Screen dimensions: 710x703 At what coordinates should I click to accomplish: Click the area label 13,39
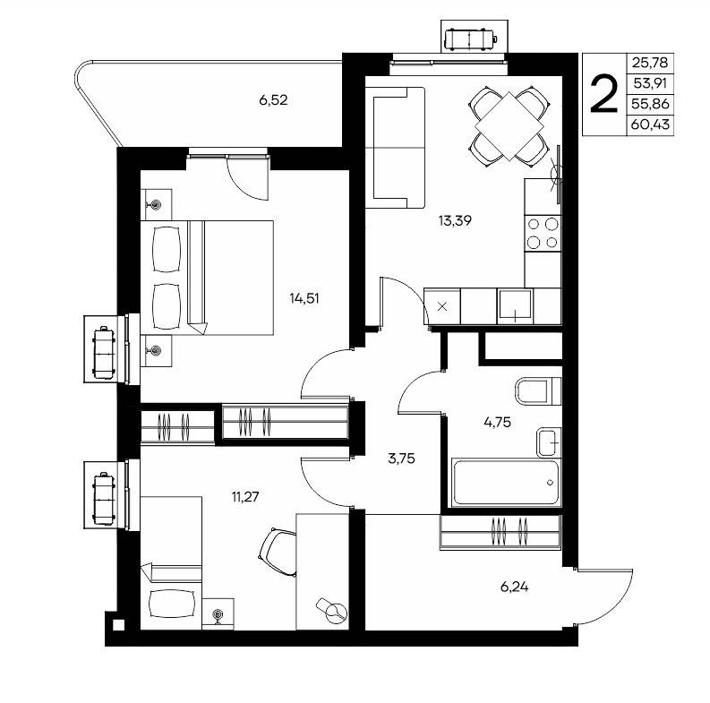[x=455, y=220]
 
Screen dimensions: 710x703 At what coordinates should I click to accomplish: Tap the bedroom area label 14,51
[x=304, y=298]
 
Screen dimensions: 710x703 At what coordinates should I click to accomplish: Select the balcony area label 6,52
[x=273, y=99]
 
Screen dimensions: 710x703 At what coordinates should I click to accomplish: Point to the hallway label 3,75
[x=401, y=459]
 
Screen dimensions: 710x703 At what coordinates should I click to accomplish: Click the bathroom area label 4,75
[x=497, y=422]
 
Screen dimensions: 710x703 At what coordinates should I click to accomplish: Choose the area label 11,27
[x=245, y=497]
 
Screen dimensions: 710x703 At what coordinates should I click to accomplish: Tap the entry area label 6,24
[x=515, y=587]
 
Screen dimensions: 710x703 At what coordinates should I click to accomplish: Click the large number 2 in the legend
[x=604, y=94]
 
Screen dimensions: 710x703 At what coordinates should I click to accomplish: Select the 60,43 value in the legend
[x=650, y=124]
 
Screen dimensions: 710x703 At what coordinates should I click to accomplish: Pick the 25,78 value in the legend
[x=650, y=63]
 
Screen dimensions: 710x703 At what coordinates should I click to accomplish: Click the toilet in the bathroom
[x=538, y=390]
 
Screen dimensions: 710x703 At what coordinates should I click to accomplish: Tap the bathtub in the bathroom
[x=505, y=483]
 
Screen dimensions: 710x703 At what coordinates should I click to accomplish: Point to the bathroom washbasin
[x=549, y=442]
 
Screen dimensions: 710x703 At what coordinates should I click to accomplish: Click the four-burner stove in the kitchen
[x=543, y=233]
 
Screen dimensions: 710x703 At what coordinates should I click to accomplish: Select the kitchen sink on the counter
[x=515, y=305]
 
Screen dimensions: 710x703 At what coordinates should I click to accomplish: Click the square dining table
[x=509, y=126]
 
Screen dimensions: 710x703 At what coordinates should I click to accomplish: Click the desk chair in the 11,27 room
[x=278, y=553]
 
